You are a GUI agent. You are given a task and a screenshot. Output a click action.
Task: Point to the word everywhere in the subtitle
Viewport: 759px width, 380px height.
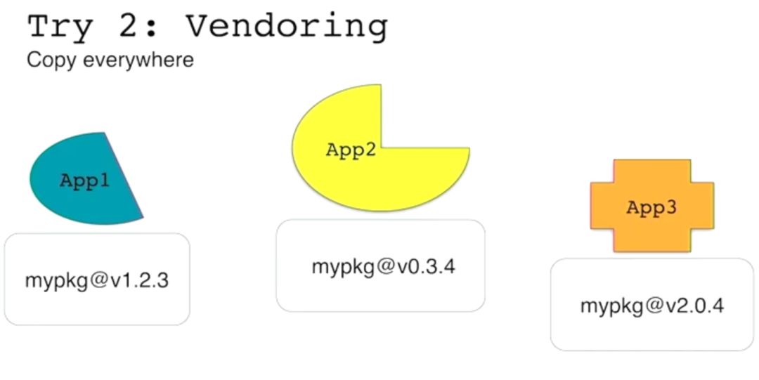point(138,60)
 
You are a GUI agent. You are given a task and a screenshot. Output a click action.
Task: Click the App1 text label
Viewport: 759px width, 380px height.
point(84,181)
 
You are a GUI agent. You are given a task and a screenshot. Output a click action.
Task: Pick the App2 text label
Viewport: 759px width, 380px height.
point(351,150)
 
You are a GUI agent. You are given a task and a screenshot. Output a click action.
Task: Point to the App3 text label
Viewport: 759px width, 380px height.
point(651,208)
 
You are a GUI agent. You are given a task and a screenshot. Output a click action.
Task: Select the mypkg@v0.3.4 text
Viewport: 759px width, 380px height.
point(383,268)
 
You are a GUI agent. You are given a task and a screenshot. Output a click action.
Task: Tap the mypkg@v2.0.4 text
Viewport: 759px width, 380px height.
point(651,306)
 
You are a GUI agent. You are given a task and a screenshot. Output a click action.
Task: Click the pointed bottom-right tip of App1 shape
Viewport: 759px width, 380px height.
point(143,218)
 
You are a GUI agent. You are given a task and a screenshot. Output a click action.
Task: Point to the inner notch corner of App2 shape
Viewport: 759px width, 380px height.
point(382,148)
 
